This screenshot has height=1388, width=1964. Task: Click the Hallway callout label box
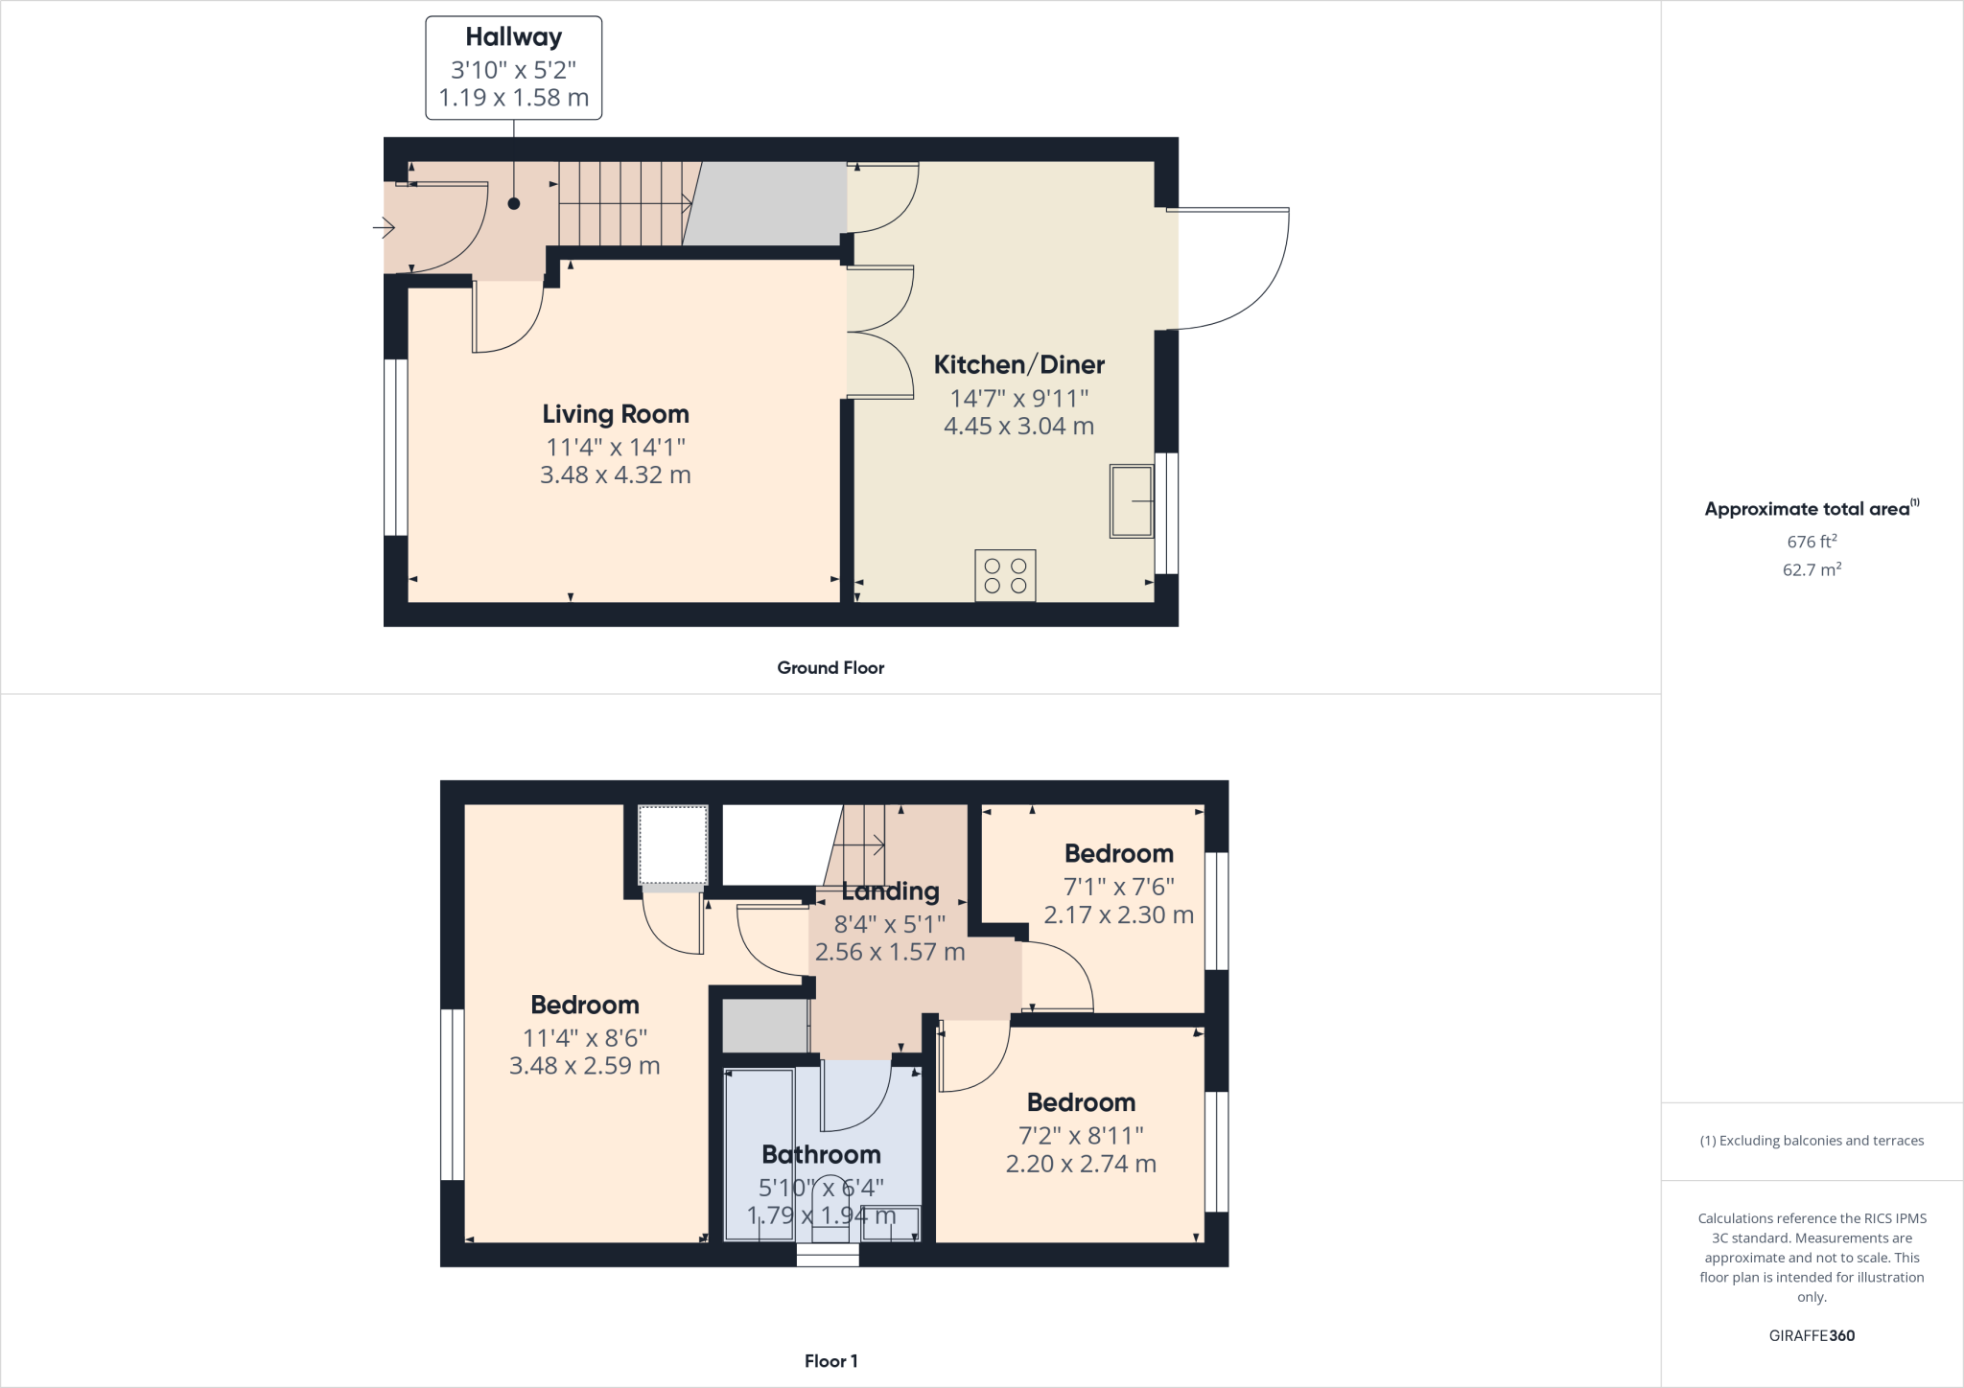(513, 67)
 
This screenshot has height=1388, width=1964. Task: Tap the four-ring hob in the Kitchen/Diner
(1005, 575)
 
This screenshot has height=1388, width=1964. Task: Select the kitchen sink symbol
(1132, 500)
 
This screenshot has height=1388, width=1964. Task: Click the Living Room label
(616, 414)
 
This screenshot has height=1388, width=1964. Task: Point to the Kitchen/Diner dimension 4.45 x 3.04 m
(1018, 427)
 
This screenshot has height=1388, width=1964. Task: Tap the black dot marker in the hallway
(514, 203)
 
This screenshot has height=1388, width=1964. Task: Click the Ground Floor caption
(830, 668)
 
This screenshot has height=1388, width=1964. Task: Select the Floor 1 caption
(830, 1361)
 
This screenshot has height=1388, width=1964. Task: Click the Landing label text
(890, 891)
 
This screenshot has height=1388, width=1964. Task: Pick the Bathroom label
(821, 1154)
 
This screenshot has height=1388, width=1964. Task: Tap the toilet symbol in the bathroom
(830, 1210)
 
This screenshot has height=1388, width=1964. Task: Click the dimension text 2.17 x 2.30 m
(1118, 915)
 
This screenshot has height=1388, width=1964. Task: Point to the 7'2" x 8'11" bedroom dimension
(1081, 1136)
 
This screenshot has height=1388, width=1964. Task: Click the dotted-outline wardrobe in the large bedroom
(672, 844)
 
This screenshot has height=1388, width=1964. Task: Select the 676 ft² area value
(1812, 542)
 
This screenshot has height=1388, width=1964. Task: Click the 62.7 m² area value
(1812, 569)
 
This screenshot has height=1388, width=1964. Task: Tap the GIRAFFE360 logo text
(1812, 1335)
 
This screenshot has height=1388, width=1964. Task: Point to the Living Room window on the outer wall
(395, 447)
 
